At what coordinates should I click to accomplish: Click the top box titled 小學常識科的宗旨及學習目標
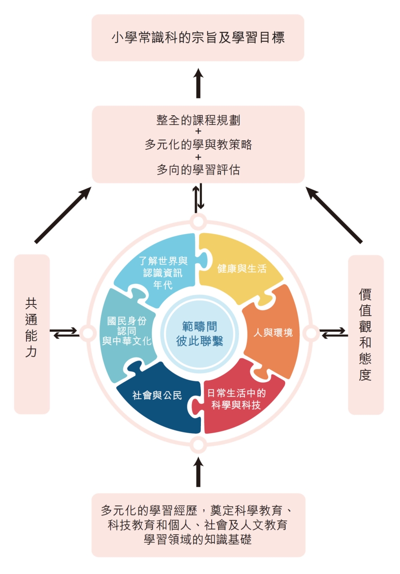click(x=198, y=38)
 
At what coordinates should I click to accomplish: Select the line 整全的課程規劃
click(x=198, y=120)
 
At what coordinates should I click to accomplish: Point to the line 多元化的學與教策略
click(x=198, y=144)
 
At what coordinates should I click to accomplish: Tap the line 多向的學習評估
click(x=198, y=170)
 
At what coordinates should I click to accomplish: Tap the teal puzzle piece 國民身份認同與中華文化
click(x=127, y=332)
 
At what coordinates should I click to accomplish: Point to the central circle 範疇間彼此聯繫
click(x=200, y=334)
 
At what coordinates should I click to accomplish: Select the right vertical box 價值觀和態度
click(x=365, y=335)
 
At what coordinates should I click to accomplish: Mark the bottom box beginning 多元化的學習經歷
click(x=198, y=525)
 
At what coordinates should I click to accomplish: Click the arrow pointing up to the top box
click(x=198, y=83)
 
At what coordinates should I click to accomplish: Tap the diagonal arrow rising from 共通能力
click(x=63, y=215)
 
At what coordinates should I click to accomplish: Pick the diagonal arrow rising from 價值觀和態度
click(x=334, y=215)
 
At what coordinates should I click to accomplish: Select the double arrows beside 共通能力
click(x=65, y=333)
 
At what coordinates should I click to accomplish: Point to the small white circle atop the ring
click(x=198, y=221)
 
